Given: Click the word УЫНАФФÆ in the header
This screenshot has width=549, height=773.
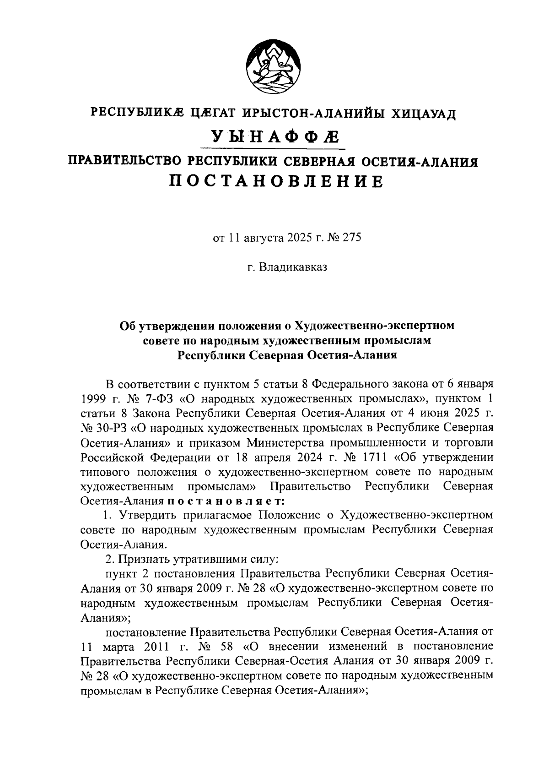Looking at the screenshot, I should tap(274, 136).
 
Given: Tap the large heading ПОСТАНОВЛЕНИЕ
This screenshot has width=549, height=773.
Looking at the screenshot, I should tap(276, 181).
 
